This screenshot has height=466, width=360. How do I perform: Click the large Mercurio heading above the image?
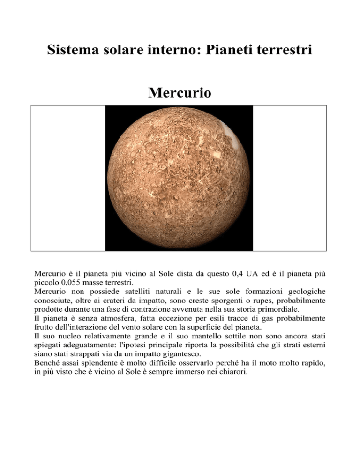pos(179,93)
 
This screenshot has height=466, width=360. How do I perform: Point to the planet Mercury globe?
pos(179,178)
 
